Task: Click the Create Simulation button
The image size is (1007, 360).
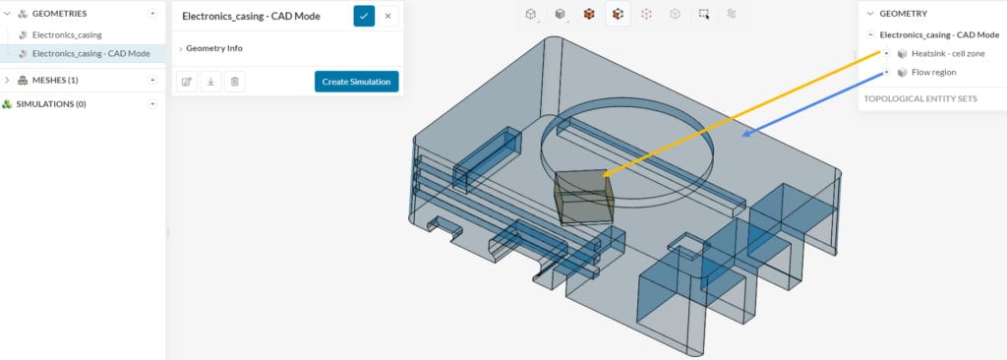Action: coord(356,82)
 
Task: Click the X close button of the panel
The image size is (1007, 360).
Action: coord(387,16)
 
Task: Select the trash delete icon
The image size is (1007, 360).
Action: coord(234,82)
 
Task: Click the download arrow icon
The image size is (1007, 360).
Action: coord(210,82)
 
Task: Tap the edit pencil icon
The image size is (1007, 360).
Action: coord(186,82)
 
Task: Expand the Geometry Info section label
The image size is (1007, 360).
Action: coord(213,48)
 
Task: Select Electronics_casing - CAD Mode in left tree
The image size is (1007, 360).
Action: coord(90,53)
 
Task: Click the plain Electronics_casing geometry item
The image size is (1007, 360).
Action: coord(67,34)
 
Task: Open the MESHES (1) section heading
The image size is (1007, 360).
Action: coord(48,80)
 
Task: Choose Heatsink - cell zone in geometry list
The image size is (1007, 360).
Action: coord(948,53)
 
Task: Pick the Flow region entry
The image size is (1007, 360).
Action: coord(933,72)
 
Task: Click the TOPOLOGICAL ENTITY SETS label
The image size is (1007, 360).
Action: coord(919,98)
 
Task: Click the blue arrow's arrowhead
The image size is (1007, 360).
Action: coord(748,134)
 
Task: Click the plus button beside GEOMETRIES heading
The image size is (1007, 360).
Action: coord(152,14)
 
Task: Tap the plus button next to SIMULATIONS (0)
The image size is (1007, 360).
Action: coord(152,103)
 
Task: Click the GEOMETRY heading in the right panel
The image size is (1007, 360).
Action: coord(903,14)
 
